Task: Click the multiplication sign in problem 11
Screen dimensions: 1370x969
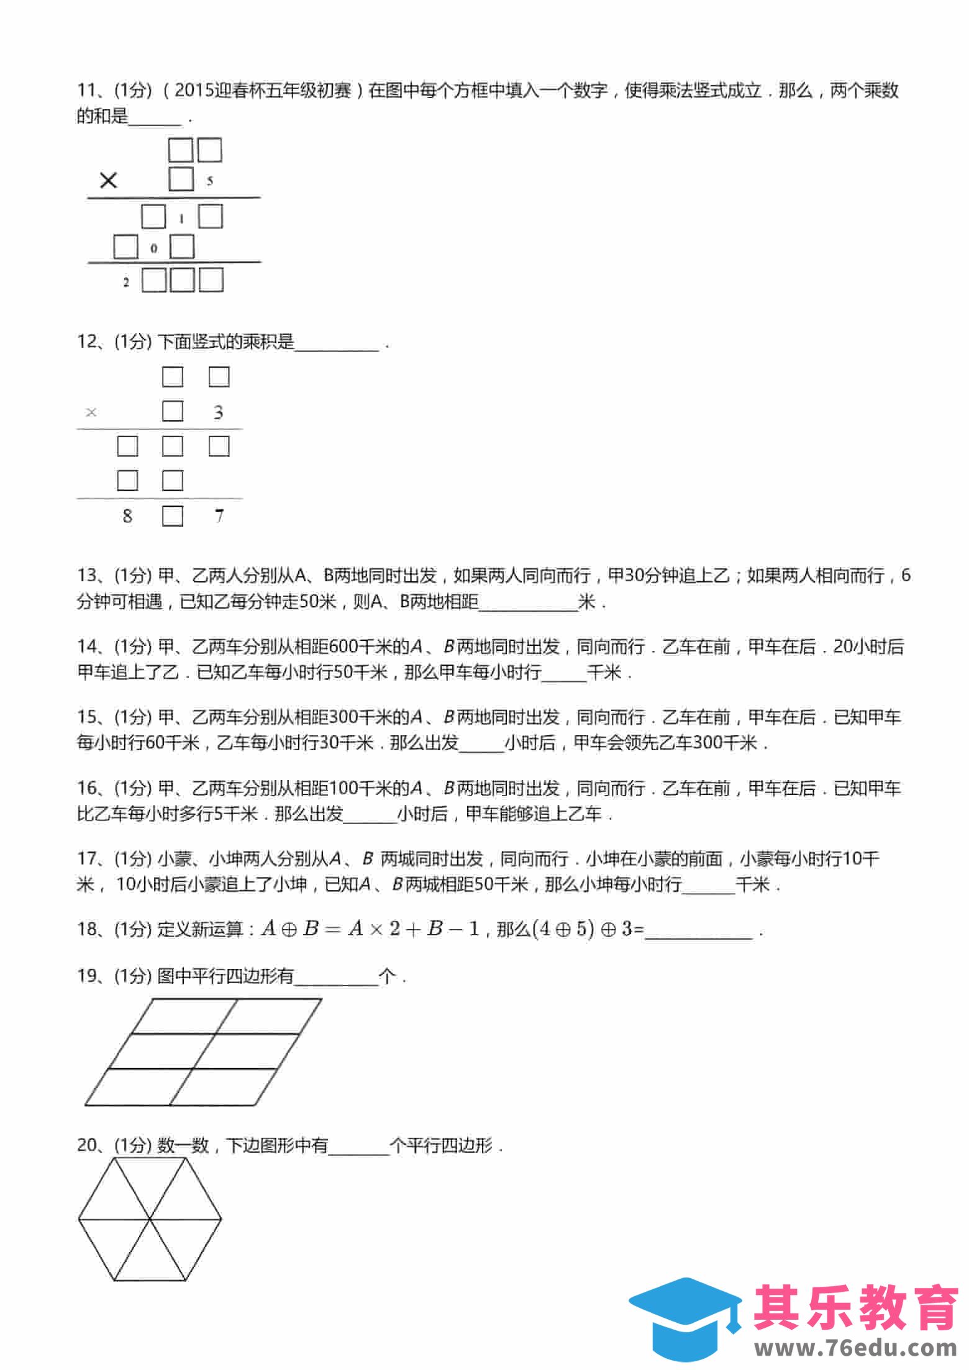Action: pos(108,181)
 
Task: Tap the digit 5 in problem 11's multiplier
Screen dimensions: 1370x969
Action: pos(210,181)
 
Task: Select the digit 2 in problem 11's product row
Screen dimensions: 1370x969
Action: pos(126,282)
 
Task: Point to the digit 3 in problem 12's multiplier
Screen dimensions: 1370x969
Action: pos(218,412)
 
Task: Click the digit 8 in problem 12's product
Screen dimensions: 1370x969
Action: pos(127,515)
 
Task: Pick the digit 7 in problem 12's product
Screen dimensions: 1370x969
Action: pos(219,515)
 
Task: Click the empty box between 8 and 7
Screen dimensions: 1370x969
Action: pos(173,516)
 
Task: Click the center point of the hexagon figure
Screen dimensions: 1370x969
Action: pos(150,1219)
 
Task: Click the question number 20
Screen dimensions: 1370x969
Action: pos(86,1145)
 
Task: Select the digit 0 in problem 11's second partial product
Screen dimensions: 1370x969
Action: pos(154,248)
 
